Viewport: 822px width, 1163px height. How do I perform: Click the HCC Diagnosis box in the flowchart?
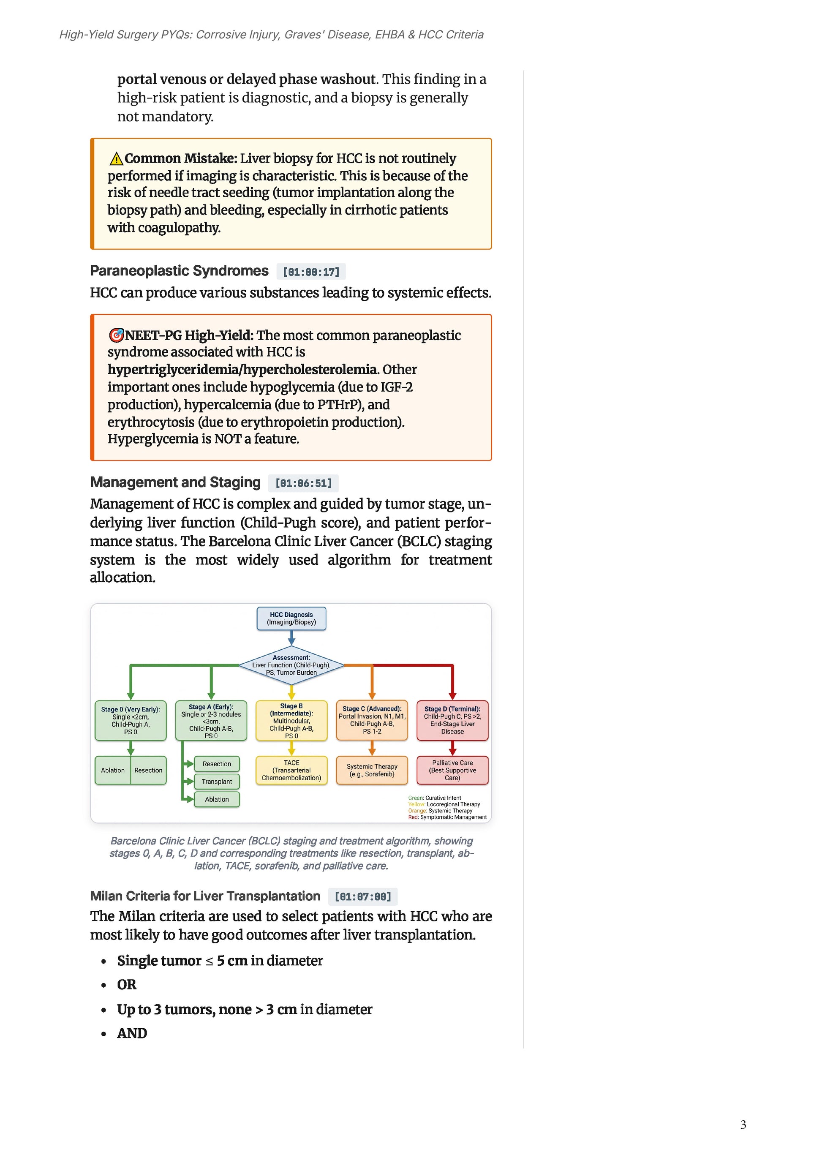[291, 618]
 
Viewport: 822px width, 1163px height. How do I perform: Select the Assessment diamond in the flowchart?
[291, 665]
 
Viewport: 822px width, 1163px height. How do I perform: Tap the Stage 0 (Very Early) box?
[131, 720]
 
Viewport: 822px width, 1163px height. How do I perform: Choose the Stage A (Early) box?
[211, 720]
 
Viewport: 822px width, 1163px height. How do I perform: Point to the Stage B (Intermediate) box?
[291, 720]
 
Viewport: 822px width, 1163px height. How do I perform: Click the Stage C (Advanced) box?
[372, 720]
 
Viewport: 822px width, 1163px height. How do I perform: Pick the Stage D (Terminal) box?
[452, 720]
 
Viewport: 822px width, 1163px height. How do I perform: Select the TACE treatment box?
[291, 770]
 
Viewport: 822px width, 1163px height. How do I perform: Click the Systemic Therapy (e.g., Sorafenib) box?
[372, 770]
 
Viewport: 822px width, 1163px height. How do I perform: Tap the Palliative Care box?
[452, 770]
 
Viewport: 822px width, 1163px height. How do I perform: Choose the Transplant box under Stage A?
[217, 782]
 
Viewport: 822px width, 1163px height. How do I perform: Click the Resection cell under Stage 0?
[148, 770]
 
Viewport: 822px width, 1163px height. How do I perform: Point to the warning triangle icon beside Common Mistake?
[116, 159]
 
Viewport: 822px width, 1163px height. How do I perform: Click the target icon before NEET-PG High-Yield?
[116, 335]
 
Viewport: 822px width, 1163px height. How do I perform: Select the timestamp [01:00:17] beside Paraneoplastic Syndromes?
[311, 272]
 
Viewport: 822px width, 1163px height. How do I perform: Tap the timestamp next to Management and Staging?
[303, 483]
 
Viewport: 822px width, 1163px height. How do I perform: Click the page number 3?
[743, 1125]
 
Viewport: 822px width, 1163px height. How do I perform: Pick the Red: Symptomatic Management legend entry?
[447, 817]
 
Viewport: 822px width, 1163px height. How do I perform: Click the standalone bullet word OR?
[127, 984]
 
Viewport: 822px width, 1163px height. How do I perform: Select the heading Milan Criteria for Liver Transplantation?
[205, 896]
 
